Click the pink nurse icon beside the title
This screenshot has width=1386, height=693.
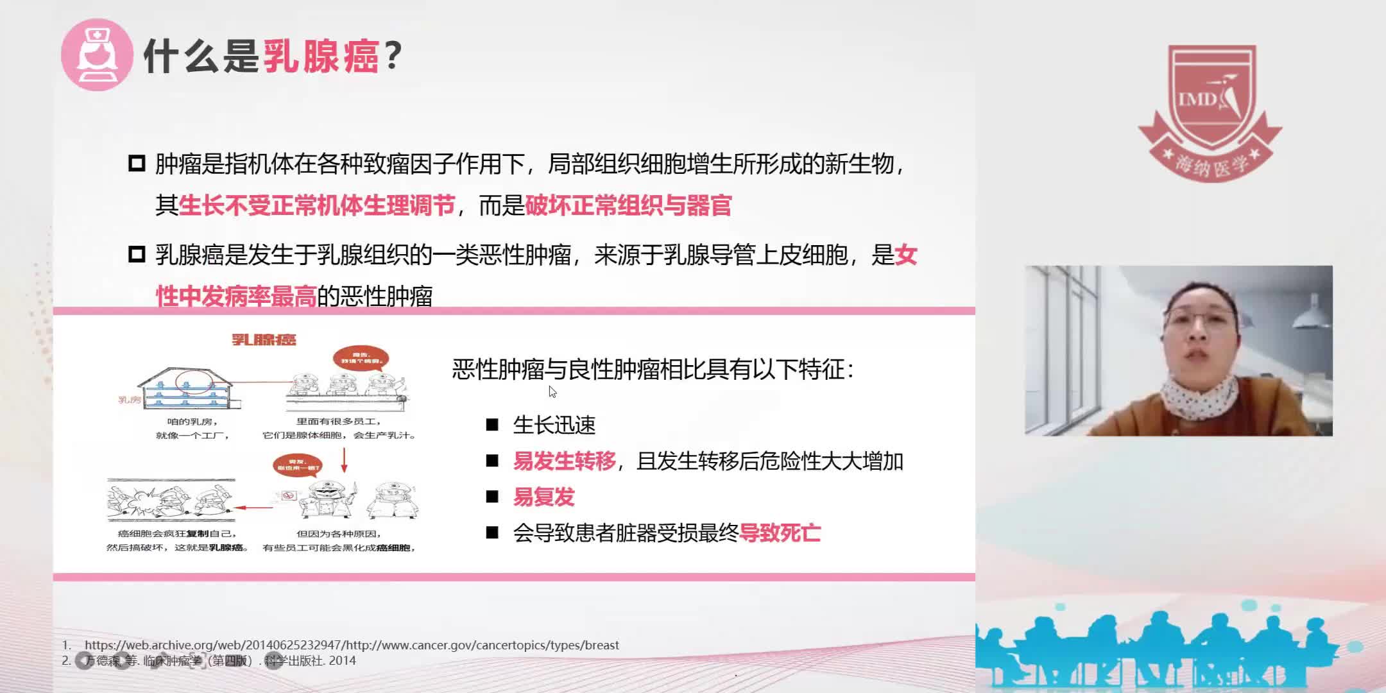tap(97, 55)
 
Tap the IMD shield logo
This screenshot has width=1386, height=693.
tap(1210, 103)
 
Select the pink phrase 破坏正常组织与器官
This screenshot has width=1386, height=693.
tap(628, 206)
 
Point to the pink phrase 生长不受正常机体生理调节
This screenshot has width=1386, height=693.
tap(317, 206)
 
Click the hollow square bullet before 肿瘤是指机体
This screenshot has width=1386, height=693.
tap(137, 164)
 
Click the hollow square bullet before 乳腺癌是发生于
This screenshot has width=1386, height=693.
tap(137, 255)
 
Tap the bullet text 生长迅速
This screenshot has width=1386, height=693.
tap(554, 425)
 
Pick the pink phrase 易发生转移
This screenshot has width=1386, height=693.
tap(564, 461)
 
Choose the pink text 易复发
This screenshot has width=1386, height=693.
tap(543, 497)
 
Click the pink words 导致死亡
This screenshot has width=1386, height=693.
tap(780, 533)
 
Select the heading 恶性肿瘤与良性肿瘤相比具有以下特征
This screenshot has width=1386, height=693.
tap(653, 370)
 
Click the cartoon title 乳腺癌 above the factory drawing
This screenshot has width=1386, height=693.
tap(264, 339)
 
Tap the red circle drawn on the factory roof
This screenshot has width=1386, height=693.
tap(194, 382)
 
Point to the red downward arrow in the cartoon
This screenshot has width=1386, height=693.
tap(345, 459)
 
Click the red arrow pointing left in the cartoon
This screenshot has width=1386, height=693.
tap(253, 508)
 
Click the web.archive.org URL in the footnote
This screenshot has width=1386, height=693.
tap(352, 645)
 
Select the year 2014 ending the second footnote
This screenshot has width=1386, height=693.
tap(342, 660)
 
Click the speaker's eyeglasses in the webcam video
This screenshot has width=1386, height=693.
tap(1199, 316)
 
